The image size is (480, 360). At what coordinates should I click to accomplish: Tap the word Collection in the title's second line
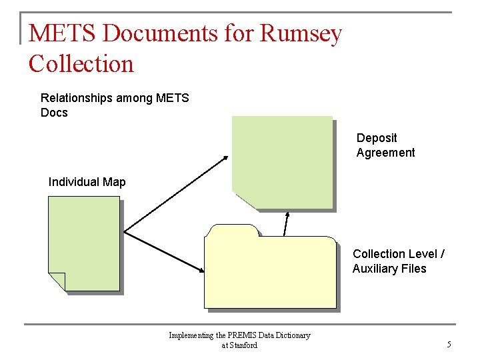pyautogui.click(x=81, y=64)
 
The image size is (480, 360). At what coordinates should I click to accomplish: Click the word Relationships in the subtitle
pyautogui.click(x=76, y=98)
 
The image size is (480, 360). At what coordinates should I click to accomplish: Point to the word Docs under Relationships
pyautogui.click(x=54, y=113)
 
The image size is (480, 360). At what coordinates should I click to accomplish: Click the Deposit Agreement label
pyautogui.click(x=385, y=145)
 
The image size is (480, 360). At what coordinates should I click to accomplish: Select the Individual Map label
pyautogui.click(x=87, y=182)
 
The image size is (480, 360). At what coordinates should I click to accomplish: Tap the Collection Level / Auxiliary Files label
pyautogui.click(x=399, y=261)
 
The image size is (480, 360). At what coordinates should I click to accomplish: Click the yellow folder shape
pyautogui.click(x=270, y=273)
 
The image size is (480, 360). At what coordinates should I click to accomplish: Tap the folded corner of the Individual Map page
pyautogui.click(x=57, y=281)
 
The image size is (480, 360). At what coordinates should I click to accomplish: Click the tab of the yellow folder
pyautogui.click(x=232, y=231)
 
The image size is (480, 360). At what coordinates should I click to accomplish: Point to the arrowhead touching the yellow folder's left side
pyautogui.click(x=201, y=269)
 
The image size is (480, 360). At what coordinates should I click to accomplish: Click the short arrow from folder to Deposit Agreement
pyautogui.click(x=286, y=224)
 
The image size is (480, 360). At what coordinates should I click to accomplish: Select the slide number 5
pyautogui.click(x=449, y=345)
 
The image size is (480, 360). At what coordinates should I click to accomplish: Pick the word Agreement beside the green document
pyautogui.click(x=385, y=153)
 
